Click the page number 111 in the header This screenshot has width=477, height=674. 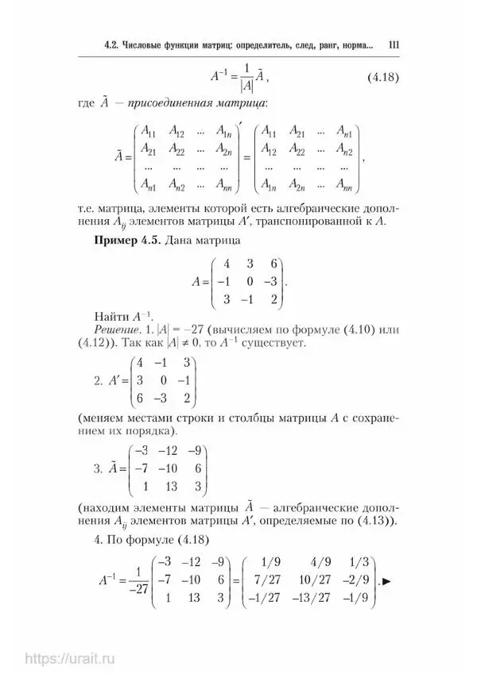pos(392,45)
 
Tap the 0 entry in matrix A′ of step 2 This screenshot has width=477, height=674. pos(162,383)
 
